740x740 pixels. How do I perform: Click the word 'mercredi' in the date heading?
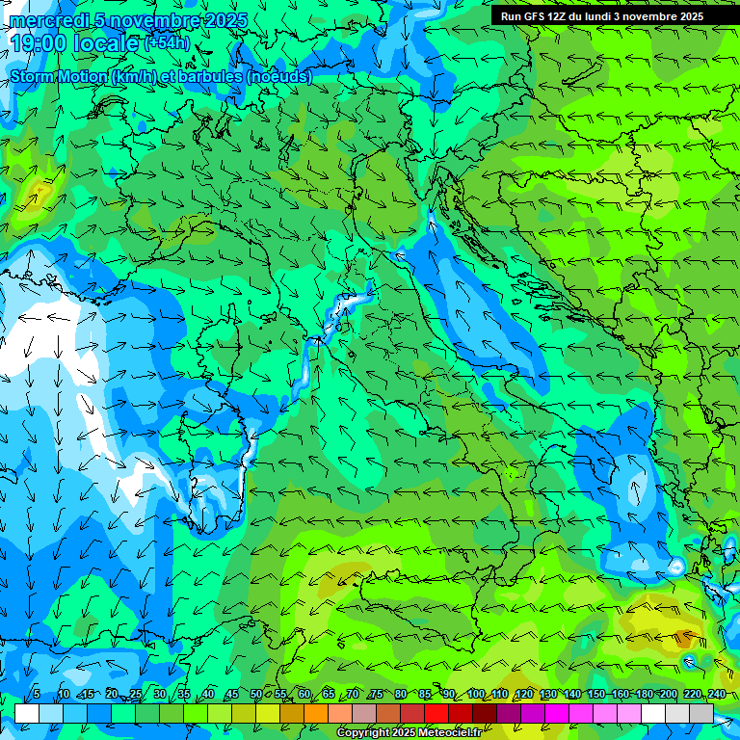coord(44,20)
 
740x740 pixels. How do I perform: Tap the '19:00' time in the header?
coord(38,43)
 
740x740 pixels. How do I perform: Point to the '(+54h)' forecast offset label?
coord(167,43)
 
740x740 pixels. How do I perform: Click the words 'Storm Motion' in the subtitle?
coord(59,76)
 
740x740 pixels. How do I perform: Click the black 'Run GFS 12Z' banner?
coord(602,16)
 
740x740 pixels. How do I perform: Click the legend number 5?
coord(36,695)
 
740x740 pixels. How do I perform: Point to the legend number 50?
coord(255,695)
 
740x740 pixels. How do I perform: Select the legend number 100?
coord(476,695)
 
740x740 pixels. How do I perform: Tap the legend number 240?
coord(717,695)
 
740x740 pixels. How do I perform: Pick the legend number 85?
coord(425,695)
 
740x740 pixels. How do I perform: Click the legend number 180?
coord(644,695)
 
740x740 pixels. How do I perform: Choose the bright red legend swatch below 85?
coord(436,713)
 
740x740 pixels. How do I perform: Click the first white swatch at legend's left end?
coord(27,713)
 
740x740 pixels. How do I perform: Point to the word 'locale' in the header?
coord(107,43)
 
